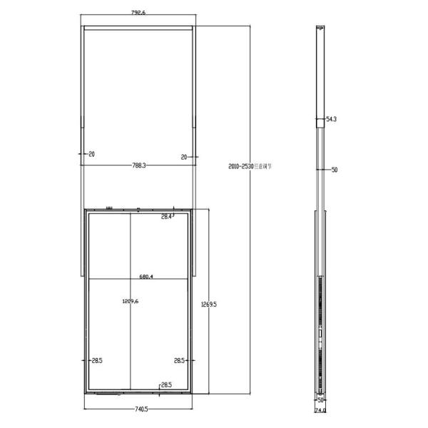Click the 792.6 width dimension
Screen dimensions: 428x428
(138, 11)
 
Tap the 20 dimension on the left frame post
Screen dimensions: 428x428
(92, 154)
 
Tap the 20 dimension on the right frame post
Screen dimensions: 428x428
(184, 156)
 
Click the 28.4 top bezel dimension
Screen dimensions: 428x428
(166, 216)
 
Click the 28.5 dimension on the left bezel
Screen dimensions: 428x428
(97, 361)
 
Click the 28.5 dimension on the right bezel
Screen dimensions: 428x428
(180, 361)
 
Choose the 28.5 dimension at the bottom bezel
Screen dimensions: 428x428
(166, 385)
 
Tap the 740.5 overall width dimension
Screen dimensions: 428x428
(140, 409)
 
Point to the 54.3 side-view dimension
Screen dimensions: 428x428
(331, 120)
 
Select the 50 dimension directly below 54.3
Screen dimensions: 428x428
(334, 170)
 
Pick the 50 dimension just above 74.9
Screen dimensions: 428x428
(321, 401)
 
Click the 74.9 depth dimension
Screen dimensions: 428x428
(320, 411)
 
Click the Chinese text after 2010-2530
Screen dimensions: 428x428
(264, 166)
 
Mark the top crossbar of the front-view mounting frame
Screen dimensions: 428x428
(138, 29)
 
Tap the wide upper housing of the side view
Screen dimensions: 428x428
(320, 71)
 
